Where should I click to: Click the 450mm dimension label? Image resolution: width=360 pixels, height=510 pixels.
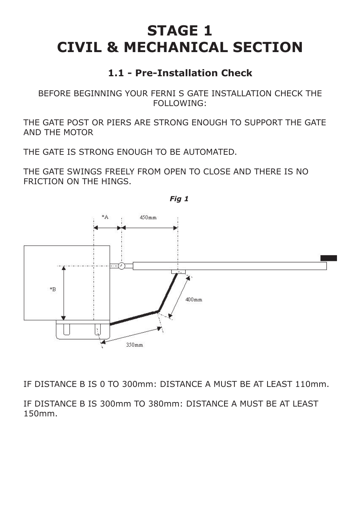tap(148, 217)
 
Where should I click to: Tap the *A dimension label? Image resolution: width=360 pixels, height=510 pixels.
tap(105, 217)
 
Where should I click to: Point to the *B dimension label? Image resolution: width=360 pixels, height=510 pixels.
tap(53, 289)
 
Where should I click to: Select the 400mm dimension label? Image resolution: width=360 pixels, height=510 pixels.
tap(194, 299)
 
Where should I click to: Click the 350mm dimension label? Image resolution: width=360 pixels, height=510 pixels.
tap(134, 345)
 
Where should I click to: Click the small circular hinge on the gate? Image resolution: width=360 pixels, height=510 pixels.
tap(121, 265)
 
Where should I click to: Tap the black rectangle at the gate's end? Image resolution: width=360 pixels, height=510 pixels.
tap(328, 258)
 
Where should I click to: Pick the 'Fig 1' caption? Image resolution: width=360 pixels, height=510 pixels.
tap(179, 199)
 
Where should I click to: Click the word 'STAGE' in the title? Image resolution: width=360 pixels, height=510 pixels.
tap(169, 31)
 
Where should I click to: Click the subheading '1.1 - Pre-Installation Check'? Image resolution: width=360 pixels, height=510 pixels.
tap(180, 73)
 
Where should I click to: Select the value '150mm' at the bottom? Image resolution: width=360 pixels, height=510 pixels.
tap(40, 413)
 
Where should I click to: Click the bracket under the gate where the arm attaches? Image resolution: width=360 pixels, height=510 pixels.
tap(178, 272)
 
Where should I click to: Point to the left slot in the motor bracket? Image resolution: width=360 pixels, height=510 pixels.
tap(67, 329)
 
